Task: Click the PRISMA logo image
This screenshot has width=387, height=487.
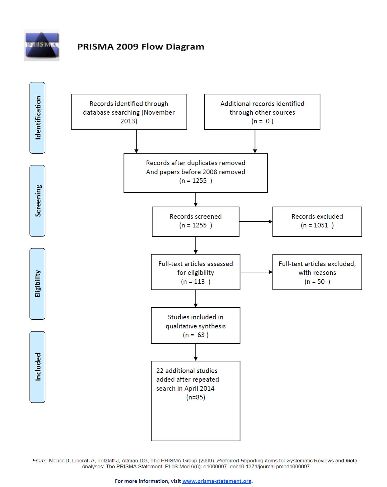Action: point(41,45)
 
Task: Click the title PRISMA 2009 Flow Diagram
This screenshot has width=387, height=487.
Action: point(141,47)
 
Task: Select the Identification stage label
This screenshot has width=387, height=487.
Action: point(38,118)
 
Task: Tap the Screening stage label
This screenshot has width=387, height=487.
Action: point(38,201)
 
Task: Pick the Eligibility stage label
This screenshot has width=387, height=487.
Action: point(38,284)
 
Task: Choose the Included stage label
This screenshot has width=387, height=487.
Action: point(38,367)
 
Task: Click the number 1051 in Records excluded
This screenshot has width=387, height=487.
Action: point(320,225)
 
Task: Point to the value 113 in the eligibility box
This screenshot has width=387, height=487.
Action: point(199,282)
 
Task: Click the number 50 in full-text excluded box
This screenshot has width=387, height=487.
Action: point(321,282)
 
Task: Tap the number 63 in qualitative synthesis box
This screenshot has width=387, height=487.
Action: point(201,335)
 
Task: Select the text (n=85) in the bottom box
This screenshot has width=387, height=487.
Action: point(196,397)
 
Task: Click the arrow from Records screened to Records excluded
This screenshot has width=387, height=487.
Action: point(256,222)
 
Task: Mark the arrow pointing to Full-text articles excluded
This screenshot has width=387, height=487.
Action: point(256,272)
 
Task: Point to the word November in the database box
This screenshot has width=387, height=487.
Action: point(159,112)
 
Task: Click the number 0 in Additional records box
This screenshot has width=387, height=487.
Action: point(268,121)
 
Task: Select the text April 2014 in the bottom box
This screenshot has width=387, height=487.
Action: point(199,388)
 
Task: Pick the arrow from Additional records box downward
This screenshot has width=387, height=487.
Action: point(255,141)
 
